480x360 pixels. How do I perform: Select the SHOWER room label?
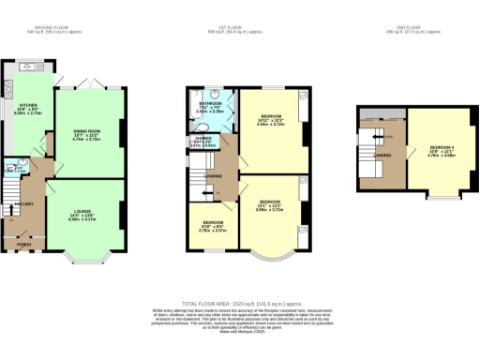[x=202, y=138]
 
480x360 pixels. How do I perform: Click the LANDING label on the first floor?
[x=214, y=175]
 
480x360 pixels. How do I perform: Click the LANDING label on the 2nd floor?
[x=382, y=155]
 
